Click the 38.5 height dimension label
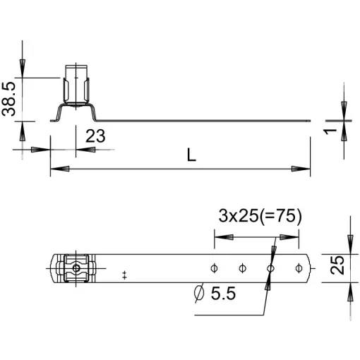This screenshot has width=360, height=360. click(x=8, y=99)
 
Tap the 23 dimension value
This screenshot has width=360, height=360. click(x=95, y=136)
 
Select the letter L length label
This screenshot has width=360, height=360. click(x=191, y=155)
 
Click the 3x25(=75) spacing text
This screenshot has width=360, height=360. click(x=260, y=216)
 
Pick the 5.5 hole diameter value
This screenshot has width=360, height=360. click(x=223, y=294)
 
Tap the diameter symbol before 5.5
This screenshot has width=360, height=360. click(x=199, y=292)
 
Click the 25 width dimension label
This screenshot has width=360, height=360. click(x=337, y=265)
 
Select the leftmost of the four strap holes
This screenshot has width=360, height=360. click(x=214, y=268)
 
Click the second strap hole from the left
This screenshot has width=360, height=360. click(x=242, y=268)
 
